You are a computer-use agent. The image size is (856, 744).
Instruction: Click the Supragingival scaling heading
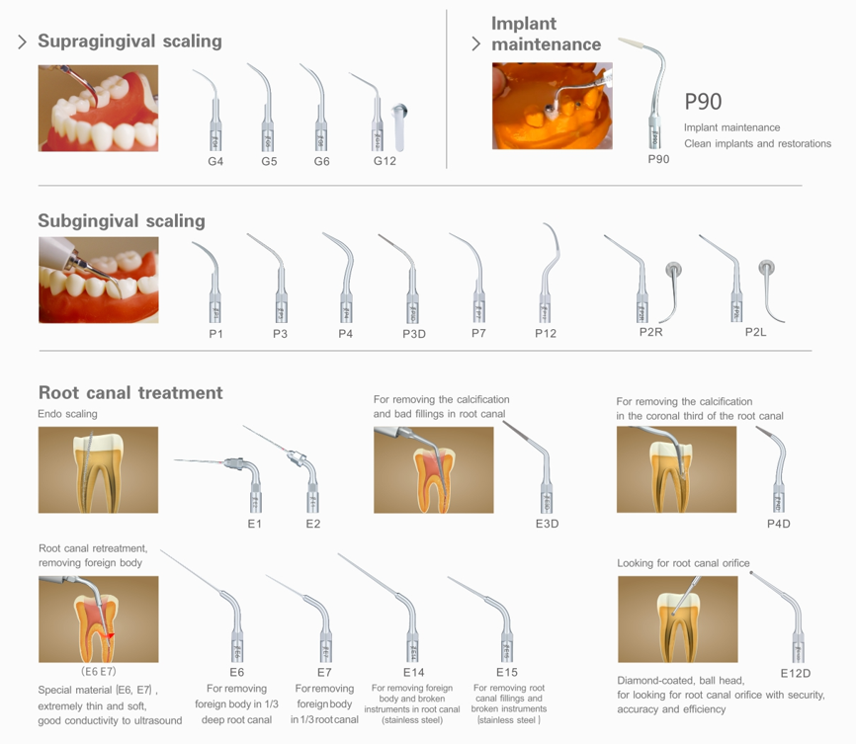129,41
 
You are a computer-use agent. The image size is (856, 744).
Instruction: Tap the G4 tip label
215,161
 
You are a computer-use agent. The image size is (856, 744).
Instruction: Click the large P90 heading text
703,102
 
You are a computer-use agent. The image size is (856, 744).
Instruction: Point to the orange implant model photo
552,106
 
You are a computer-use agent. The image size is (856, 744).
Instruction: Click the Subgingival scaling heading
122,221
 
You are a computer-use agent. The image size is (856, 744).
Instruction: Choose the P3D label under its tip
414,334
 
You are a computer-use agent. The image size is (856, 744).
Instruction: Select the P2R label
650,332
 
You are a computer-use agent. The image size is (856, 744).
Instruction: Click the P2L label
755,332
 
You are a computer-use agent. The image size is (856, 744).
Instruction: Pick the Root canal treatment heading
130,392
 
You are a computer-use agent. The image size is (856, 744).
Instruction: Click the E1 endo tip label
254,524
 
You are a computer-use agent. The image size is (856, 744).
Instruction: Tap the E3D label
547,524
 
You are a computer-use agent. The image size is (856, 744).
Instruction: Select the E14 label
414,672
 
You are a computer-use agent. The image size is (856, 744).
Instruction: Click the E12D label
796,673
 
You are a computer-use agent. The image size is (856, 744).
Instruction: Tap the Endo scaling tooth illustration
98,470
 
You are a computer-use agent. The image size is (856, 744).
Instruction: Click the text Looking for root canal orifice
683,563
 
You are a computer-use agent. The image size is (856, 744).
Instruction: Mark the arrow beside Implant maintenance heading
476,43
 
